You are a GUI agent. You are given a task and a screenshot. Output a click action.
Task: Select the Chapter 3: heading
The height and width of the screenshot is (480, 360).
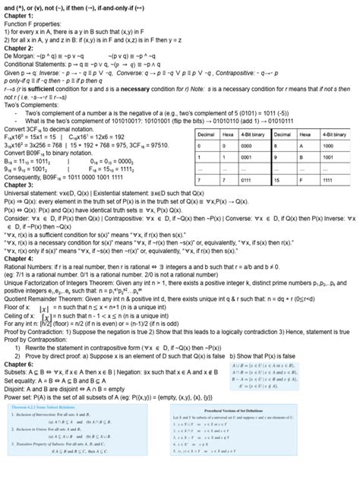(x=21, y=185)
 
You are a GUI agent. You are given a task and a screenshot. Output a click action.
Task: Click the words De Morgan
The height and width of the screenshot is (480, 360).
(x=22, y=57)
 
